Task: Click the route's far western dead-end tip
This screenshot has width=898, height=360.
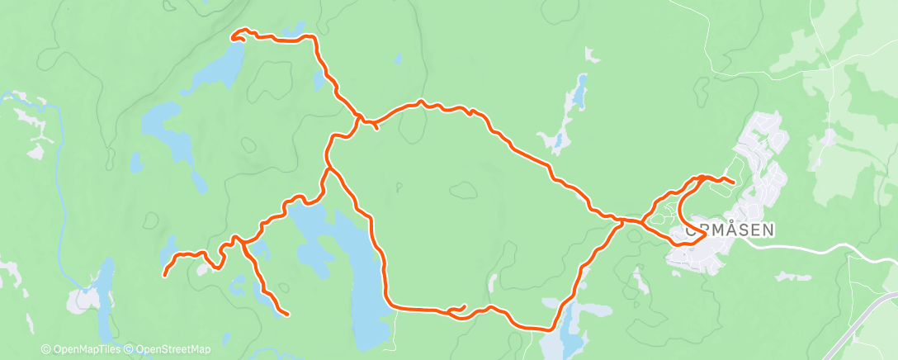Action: (165, 274)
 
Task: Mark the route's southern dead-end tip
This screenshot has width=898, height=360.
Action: (286, 314)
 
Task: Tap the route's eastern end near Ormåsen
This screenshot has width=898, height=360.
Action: (733, 181)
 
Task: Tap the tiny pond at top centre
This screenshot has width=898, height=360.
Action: (399, 59)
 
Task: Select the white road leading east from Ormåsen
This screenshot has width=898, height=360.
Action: (817, 248)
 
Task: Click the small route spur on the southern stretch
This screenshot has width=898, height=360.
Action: (458, 309)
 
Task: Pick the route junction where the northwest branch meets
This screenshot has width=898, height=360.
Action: (358, 121)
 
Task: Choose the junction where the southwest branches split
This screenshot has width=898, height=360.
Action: (239, 240)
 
